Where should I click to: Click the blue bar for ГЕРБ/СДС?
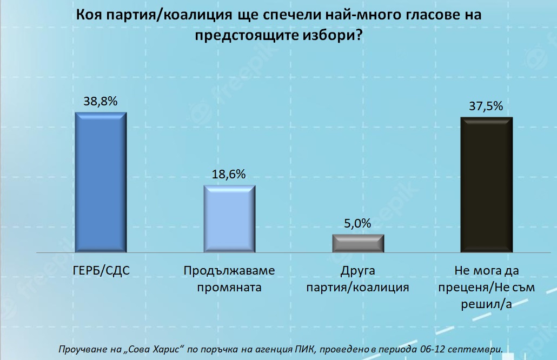click(100, 182)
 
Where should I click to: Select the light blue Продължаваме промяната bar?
click(229, 218)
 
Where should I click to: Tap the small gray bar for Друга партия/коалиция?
click(358, 243)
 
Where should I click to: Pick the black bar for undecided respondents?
click(486, 184)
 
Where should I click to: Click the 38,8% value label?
click(100, 101)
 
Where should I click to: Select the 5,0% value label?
click(358, 223)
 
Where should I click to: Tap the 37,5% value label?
click(486, 106)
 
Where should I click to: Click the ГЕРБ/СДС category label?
click(101, 270)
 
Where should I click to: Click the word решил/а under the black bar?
click(486, 304)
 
